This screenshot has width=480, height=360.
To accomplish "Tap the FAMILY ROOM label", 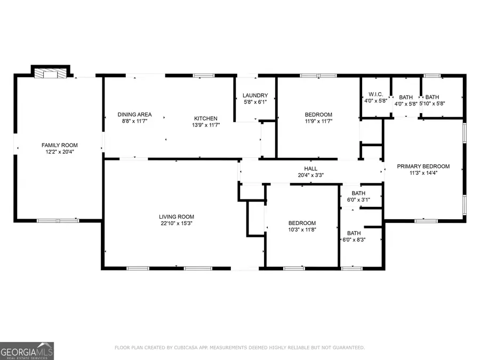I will point(60,145).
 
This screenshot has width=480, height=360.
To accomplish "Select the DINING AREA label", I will point(134,115).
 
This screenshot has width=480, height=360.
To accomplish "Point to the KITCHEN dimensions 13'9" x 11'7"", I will point(205,125).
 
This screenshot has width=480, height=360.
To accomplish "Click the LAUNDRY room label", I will point(255,95).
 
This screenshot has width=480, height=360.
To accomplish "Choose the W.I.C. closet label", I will point(375,94).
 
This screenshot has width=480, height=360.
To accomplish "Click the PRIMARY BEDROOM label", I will point(423,166).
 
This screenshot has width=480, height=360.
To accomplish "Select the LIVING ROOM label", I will point(176,217).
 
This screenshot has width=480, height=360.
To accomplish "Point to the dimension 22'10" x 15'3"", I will point(176,223).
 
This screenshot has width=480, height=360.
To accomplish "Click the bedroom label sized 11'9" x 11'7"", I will point(318,115).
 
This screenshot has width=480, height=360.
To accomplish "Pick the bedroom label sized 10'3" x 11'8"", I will point(302,223).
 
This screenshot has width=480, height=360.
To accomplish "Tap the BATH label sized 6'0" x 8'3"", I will point(354,233).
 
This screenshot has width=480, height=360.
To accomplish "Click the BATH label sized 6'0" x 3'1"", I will point(358,193).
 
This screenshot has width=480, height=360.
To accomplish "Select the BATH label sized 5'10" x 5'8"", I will point(432,97).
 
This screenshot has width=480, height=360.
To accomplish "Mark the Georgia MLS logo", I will point(27,351).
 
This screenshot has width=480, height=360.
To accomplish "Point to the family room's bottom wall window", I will point(58,220).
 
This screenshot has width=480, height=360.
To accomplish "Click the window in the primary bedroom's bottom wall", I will point(426,220).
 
